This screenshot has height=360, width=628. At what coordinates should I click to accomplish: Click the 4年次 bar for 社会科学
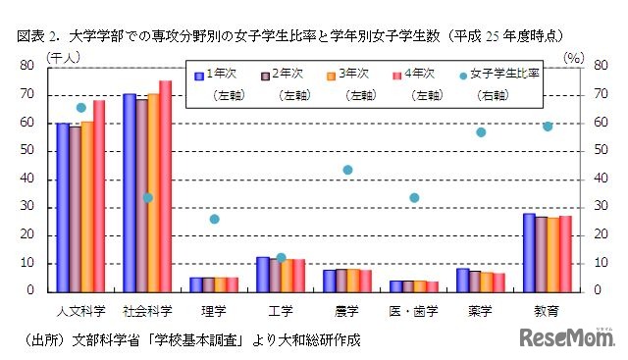click(x=165, y=185)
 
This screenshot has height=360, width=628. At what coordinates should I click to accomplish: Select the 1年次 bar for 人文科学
click(x=63, y=207)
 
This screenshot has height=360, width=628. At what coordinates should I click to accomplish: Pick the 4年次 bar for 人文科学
click(x=99, y=195)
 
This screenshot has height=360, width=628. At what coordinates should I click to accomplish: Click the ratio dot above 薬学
click(x=481, y=132)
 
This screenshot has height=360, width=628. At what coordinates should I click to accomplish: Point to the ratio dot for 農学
click(x=347, y=170)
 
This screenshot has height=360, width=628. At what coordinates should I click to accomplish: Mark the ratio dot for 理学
click(x=214, y=219)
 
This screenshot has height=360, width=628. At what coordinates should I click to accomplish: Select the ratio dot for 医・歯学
click(x=414, y=197)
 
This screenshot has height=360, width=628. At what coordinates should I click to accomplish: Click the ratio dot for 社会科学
click(x=147, y=197)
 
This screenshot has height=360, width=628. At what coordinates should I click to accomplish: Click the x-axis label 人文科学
click(x=80, y=311)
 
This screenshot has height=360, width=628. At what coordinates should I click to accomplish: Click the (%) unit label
click(x=576, y=57)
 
